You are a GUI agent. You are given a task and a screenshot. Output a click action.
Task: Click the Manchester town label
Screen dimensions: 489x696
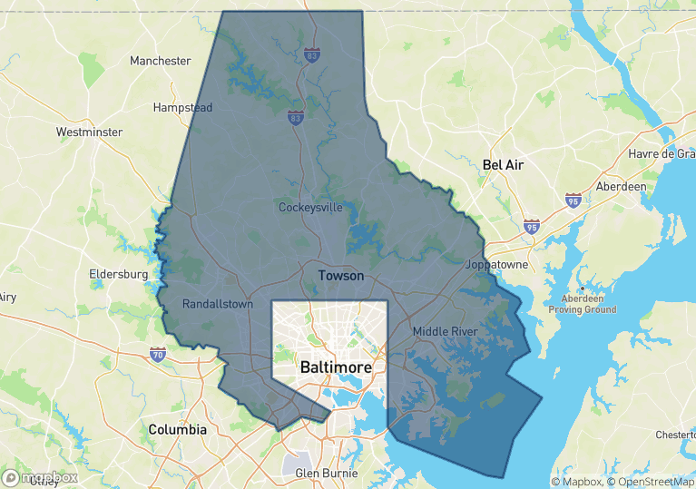coord(161,61)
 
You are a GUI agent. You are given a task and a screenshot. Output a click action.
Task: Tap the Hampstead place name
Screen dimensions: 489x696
coord(182,107)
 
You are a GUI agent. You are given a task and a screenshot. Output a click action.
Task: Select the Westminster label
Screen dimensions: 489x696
coord(89,132)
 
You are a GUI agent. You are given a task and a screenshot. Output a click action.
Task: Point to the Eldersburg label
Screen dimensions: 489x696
coord(119,273)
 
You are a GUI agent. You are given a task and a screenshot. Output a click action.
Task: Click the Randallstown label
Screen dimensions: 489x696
coord(218,304)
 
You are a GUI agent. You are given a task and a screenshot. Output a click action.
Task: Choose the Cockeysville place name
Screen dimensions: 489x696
coord(310,207)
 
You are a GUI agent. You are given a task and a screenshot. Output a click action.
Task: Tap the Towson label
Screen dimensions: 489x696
coord(340,275)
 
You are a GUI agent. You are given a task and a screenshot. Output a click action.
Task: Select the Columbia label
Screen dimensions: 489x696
coord(178,429)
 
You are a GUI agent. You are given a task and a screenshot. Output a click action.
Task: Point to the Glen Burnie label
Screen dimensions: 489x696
coord(327,473)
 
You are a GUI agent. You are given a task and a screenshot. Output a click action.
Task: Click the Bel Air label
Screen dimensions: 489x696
coord(504,165)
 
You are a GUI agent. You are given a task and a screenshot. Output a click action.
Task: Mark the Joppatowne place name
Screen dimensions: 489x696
coord(496,265)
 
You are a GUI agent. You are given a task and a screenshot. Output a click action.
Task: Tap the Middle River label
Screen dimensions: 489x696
coord(445,331)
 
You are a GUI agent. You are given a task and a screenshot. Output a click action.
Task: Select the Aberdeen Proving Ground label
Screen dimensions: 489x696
coord(582,304)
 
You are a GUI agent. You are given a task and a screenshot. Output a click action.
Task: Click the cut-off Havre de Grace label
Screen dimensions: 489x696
coord(662,153)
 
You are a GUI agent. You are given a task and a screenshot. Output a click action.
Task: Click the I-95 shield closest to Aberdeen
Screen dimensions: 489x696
coord(573,199)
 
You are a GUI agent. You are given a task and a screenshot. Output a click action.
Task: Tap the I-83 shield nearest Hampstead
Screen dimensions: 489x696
coord(295,118)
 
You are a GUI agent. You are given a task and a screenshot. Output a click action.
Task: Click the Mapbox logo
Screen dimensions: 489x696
coord(41,476)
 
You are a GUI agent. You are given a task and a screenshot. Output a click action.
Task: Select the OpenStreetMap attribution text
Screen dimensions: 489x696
coord(651,481)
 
